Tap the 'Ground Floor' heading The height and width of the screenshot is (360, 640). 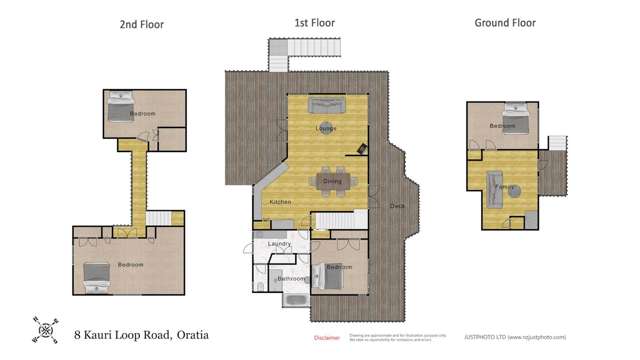504,23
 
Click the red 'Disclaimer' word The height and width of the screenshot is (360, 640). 327,337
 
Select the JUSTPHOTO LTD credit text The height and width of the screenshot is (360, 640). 521,337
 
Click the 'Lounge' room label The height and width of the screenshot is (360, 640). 325,128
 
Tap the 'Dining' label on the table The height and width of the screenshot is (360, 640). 332,181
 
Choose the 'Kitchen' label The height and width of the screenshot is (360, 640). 281,203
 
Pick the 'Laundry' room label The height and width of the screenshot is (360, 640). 279,244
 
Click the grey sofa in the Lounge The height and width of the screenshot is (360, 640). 325,107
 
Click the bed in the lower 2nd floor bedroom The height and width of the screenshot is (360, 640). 97,274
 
